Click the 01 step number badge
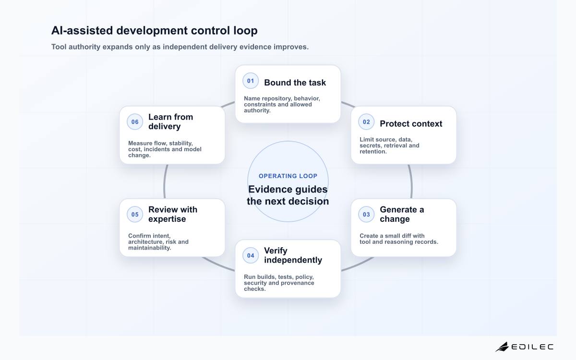point(251,81)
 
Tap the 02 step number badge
point(366,122)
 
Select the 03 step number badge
point(366,215)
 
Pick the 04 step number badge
point(251,255)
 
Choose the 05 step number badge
point(135,215)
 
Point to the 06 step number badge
point(135,122)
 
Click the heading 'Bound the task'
point(295,83)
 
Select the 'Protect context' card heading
point(411,124)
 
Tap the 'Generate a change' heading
point(402,214)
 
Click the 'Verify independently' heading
point(293,255)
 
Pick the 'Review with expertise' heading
point(173,214)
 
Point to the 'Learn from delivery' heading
point(171,121)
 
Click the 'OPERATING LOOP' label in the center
point(288,176)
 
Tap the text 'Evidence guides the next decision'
point(288,195)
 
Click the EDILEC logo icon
point(502,347)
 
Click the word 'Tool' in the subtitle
point(59,47)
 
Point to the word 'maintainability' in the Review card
point(150,248)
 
